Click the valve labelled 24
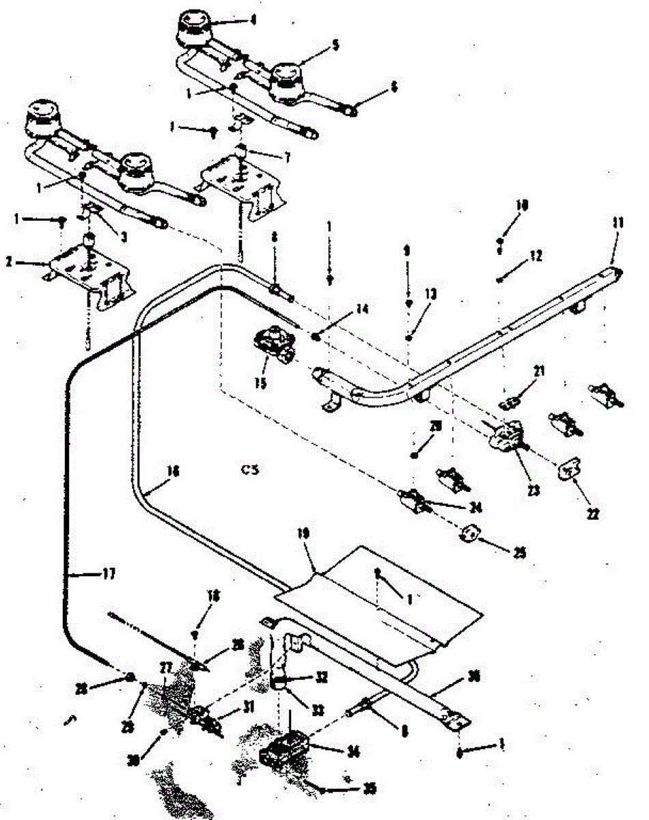(x=414, y=501)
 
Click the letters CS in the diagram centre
(x=251, y=469)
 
